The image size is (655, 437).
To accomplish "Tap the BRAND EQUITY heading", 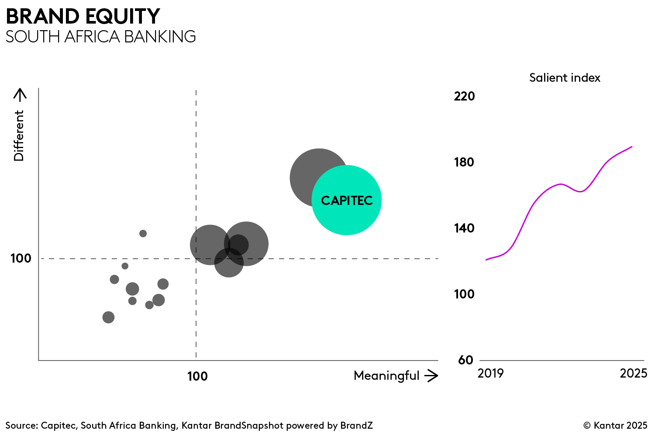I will [83, 17].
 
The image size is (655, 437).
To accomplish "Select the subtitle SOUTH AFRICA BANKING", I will [100, 37].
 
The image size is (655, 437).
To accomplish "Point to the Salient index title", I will [565, 78].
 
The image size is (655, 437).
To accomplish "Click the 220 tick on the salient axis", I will [464, 96].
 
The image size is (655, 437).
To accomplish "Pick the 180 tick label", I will [464, 162].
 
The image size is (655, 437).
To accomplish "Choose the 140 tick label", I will [464, 228].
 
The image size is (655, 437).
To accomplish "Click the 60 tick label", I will [465, 360].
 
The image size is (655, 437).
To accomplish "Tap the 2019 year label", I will [490, 373].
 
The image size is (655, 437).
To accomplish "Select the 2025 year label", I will [633, 373].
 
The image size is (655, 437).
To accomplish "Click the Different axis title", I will [19, 135].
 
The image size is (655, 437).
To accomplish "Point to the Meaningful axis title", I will [386, 376].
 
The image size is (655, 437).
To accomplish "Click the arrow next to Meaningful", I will [431, 376].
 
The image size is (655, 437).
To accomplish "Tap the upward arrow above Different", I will [20, 94].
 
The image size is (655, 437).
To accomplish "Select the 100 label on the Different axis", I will [21, 258].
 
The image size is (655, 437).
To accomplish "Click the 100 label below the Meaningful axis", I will [197, 376].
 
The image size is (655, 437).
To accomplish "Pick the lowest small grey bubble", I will [108, 317].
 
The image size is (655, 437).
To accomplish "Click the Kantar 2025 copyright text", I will [615, 426].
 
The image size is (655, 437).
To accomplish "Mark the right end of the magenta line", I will [631, 147].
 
